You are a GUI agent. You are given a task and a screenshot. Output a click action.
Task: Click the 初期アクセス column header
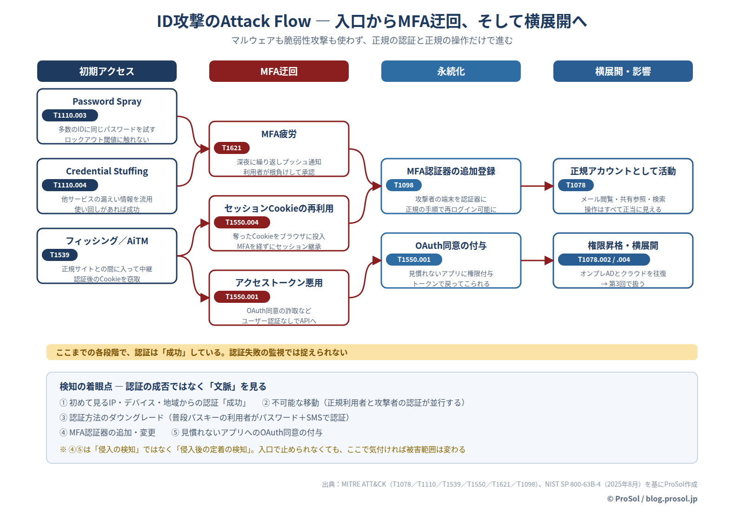tap(106, 71)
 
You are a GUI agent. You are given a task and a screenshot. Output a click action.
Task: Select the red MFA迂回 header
tap(279, 71)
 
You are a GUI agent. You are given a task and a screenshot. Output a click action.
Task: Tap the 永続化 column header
tap(451, 71)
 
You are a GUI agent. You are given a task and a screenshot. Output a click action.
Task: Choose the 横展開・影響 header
tap(623, 71)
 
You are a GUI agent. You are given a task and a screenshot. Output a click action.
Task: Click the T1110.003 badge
tap(70, 115)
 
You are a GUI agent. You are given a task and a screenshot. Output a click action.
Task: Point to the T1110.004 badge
tap(70, 185)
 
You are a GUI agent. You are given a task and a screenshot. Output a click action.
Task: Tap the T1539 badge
tap(60, 255)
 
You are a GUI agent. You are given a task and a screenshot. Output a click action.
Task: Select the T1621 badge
tap(232, 148)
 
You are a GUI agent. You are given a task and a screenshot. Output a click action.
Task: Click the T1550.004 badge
tap(242, 222)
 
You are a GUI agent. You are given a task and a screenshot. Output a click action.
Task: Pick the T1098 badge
tap(404, 185)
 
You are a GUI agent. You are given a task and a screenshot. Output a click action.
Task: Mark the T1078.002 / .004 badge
tap(604, 260)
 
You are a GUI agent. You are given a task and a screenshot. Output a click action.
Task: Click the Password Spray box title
tap(107, 101)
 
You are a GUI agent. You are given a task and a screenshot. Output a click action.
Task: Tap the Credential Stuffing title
tap(107, 171)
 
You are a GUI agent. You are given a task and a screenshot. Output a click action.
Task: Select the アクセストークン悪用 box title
tap(279, 283)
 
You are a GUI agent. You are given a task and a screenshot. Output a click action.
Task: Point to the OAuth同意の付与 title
tap(451, 246)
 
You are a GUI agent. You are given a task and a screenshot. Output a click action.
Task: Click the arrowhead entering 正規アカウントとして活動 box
tap(549, 186)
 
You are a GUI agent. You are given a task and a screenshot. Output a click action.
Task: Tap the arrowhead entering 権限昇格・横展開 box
tap(549, 260)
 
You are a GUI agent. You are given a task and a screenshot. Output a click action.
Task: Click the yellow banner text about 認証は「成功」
tap(202, 353)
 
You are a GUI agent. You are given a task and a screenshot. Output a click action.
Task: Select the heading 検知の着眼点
tap(86, 387)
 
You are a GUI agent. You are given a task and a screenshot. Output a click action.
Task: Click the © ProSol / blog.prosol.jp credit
tap(652, 499)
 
